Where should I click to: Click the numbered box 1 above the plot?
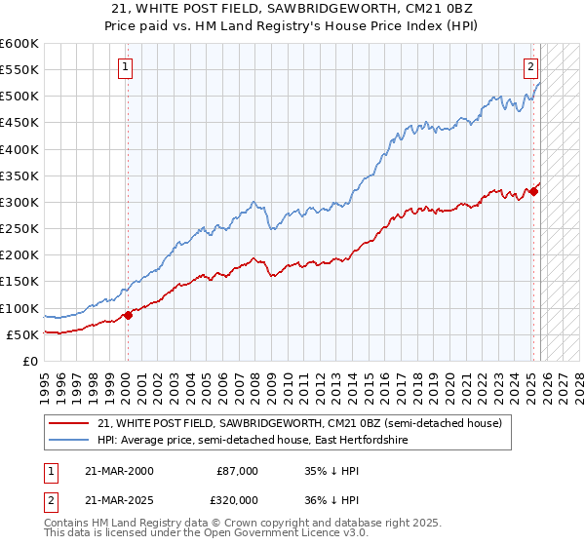coord(127,67)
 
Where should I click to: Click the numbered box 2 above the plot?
coord(530,67)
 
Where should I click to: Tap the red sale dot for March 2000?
coord(128,315)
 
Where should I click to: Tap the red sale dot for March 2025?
coord(533,191)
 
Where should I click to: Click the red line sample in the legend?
coord(69,424)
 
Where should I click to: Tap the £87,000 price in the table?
coord(237,471)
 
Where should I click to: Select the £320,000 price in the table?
coord(237,500)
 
